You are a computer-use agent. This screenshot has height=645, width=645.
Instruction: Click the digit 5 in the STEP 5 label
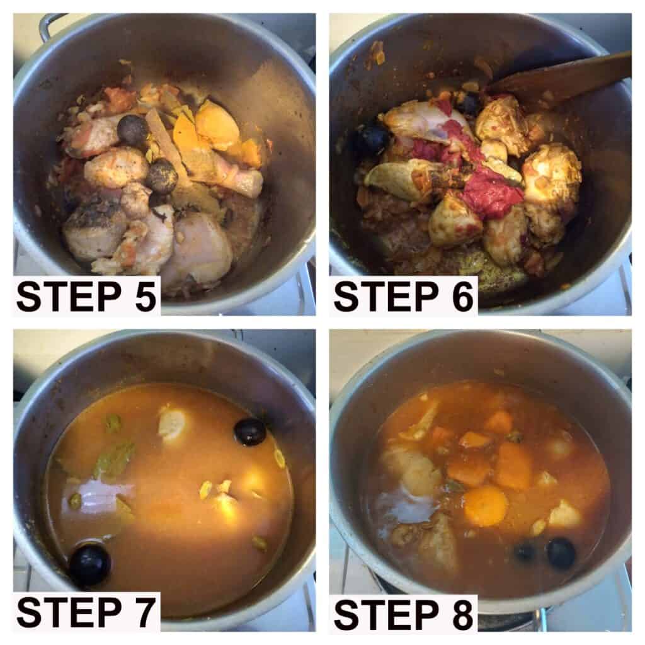(x=146, y=297)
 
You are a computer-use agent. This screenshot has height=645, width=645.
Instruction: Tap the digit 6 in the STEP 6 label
(x=462, y=297)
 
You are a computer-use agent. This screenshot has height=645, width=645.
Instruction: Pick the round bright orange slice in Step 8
(x=486, y=506)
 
